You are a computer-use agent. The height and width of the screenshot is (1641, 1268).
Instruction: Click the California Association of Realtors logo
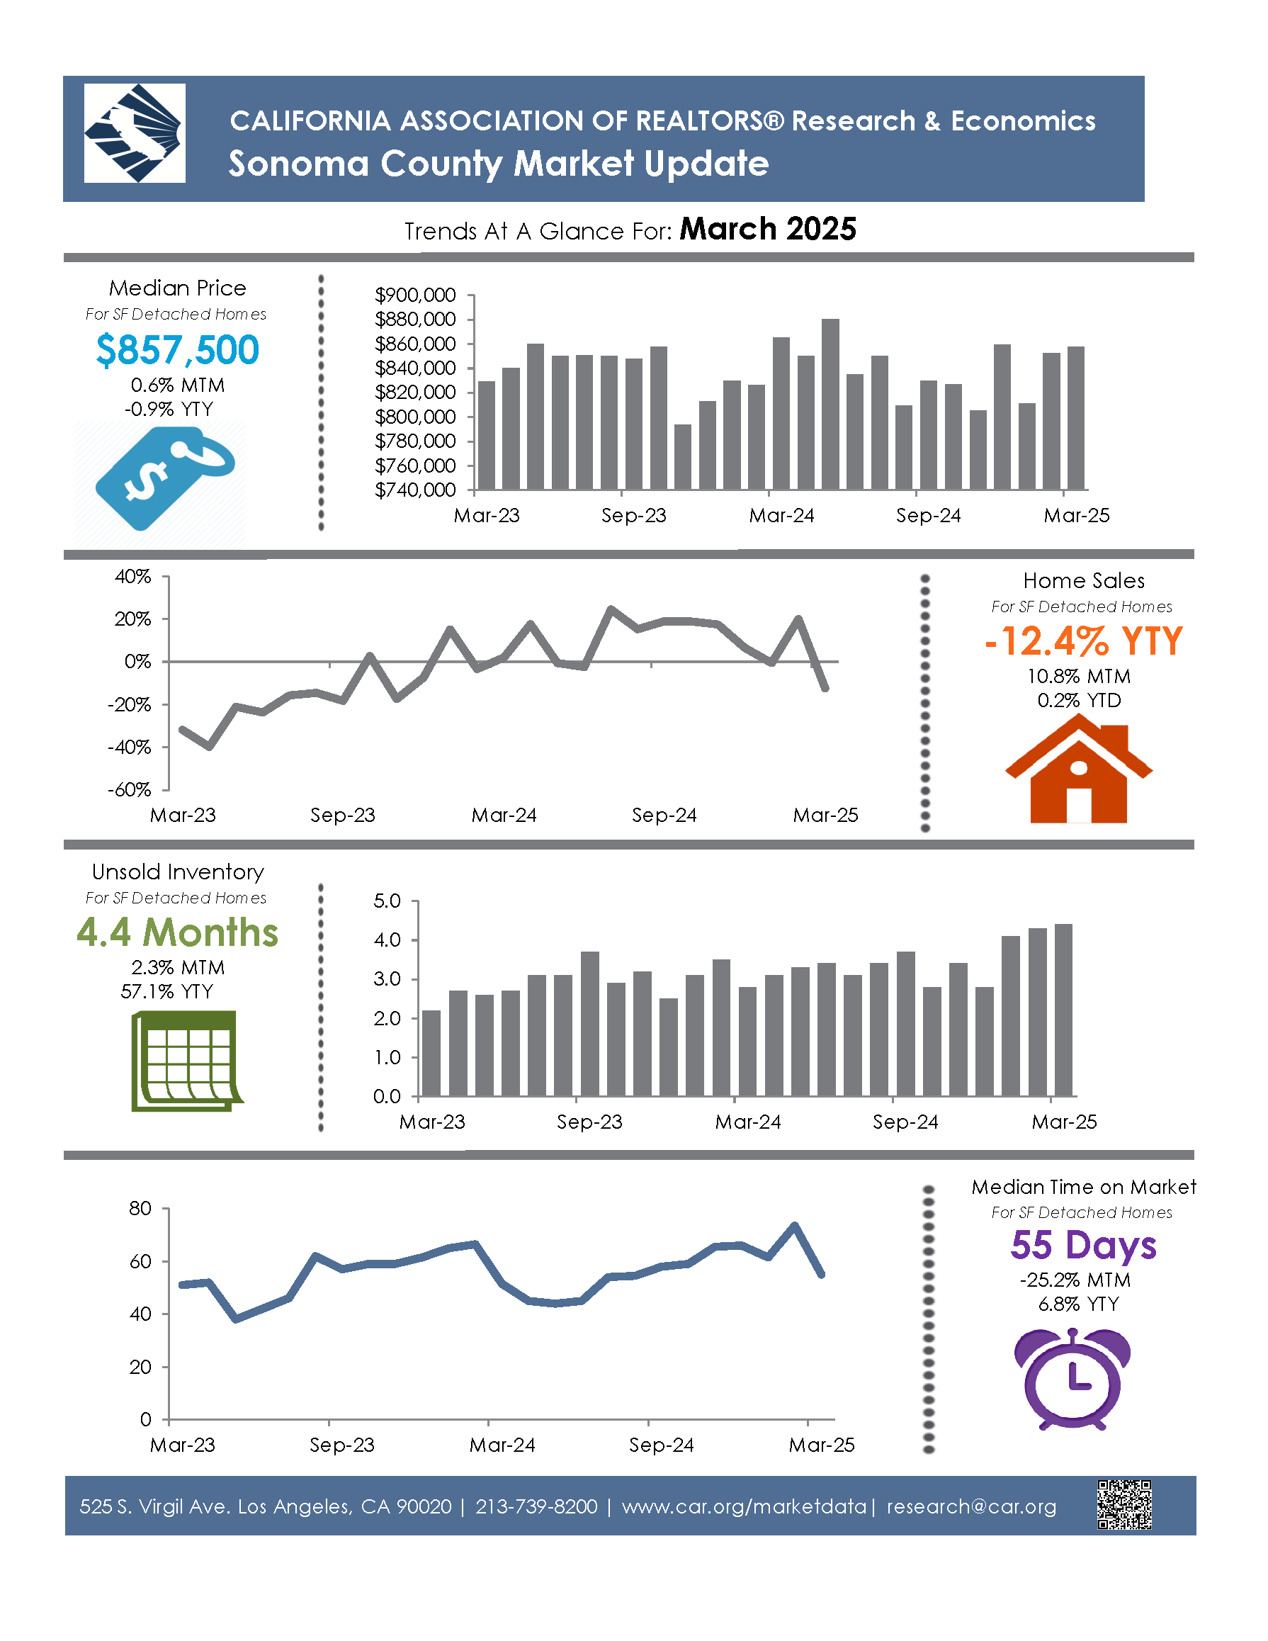click(135, 133)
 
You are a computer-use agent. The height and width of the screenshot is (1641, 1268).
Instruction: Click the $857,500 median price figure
click(177, 350)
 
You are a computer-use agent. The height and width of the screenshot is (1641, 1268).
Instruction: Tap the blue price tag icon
click(164, 477)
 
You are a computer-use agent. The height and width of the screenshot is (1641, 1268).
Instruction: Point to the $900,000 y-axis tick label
click(414, 295)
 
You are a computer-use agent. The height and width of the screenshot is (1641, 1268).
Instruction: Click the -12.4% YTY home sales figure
click(1083, 642)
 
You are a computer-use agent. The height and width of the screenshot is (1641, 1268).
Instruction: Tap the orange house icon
click(1078, 769)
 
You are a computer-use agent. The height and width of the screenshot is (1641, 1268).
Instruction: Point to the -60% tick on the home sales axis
click(129, 790)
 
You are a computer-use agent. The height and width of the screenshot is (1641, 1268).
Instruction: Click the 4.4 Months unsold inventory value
click(177, 932)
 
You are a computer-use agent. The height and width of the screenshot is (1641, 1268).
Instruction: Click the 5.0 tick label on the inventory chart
click(387, 900)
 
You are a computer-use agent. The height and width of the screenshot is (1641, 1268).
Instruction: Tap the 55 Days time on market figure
click(1082, 1244)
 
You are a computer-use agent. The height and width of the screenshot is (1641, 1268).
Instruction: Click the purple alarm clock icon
click(1072, 1379)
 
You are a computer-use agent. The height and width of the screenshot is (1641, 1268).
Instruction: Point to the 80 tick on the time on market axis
click(140, 1208)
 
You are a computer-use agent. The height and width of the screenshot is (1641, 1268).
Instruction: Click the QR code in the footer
click(1123, 1505)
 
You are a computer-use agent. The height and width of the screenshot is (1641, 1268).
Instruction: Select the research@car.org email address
click(971, 1506)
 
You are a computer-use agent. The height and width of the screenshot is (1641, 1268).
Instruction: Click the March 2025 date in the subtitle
click(767, 229)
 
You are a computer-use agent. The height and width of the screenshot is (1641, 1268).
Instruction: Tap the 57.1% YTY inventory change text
click(166, 992)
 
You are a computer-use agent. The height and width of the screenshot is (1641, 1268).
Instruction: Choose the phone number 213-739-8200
click(536, 1506)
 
